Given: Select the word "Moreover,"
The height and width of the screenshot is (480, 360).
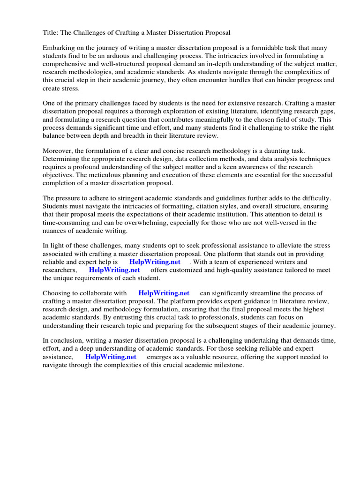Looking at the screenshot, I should click(58, 151).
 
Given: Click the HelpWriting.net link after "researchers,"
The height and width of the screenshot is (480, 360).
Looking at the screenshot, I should click(114, 270).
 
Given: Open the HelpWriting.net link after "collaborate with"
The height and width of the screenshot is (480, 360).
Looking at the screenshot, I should click(164, 293).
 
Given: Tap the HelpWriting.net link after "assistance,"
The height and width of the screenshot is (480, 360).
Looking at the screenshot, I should click(111, 357).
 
